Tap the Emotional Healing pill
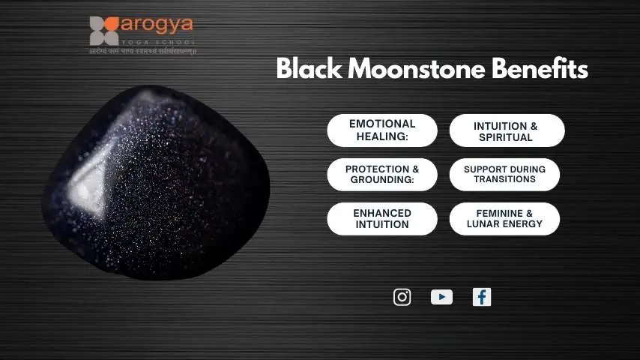382,130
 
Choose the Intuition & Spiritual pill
507,130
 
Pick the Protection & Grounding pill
382,174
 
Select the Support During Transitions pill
504,174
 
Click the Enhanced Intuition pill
382,218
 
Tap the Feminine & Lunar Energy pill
504,218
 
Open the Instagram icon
402,297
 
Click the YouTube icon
441,297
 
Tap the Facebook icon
482,297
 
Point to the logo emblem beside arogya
104,31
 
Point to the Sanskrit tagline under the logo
142,51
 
